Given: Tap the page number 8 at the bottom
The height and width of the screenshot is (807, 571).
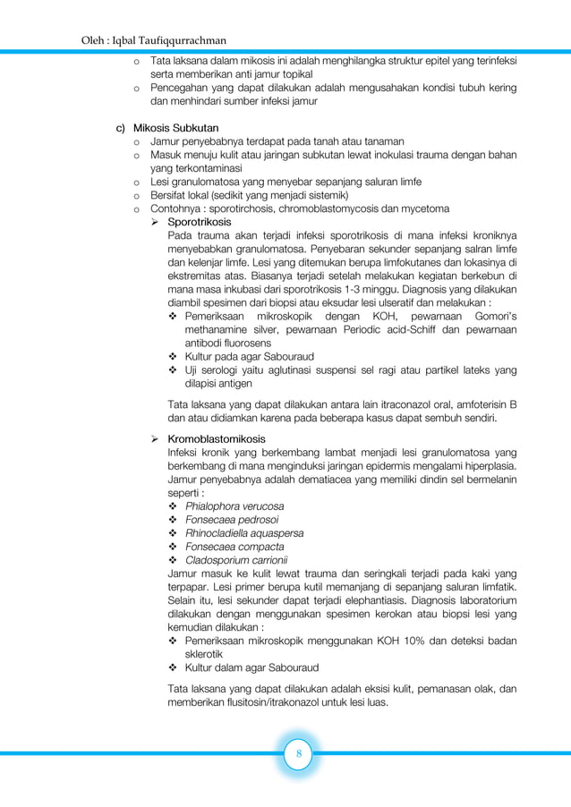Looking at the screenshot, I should tap(298, 754).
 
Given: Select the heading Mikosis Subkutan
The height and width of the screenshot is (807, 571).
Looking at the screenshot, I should tap(175, 128).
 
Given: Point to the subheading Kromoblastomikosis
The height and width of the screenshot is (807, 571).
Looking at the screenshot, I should tap(217, 438).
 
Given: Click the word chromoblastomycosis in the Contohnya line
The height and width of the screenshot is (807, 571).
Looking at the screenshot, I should tap(343, 208).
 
